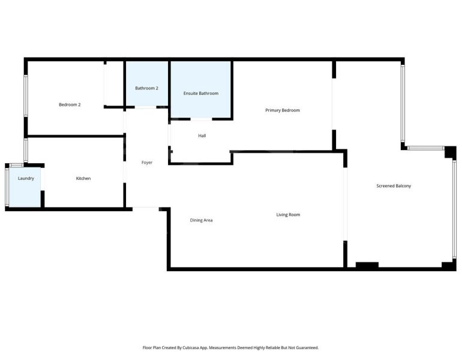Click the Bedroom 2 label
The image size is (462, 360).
[70, 104]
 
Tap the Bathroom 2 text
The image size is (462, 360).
[147, 88]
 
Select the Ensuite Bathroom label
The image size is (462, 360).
[201, 94]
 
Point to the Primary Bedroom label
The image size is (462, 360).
[283, 110]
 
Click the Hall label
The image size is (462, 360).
[202, 136]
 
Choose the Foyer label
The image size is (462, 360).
[147, 163]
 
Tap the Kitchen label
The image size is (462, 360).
[83, 178]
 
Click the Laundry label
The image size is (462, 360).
[26, 178]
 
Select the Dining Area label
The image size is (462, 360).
[201, 220]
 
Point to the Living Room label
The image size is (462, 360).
[288, 215]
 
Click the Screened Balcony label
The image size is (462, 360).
[394, 186]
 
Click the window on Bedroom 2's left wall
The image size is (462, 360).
[26, 96]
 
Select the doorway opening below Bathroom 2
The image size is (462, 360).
[146, 107]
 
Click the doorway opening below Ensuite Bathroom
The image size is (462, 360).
[201, 119]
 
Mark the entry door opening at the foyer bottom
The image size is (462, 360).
[146, 209]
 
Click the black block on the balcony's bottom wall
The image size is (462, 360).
[367, 265]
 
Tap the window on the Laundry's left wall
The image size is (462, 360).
[7, 186]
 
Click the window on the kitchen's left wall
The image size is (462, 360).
[26, 150]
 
